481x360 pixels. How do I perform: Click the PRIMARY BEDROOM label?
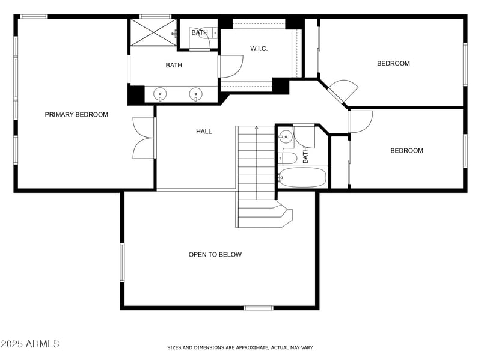pos(76,114)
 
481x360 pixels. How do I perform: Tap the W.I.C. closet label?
pos(259,49)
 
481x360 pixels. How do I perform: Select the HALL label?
pos(204,131)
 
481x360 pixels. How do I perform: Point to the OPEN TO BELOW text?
pos(215,255)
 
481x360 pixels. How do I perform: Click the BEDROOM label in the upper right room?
pos(393,63)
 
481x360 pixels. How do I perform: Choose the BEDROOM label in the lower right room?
pos(406,151)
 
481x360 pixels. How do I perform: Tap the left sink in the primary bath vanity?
pos(161,94)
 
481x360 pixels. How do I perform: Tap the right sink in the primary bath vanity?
pos(195,94)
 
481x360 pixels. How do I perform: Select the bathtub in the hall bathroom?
pos(302,177)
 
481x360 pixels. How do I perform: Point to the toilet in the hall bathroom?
pos(288,159)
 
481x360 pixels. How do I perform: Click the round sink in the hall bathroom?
pos(287,137)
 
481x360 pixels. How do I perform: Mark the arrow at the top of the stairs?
pos(257,128)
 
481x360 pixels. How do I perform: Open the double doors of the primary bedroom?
pos(143,138)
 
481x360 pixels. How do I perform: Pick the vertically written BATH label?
pos(305,156)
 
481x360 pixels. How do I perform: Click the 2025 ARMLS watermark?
pos(30,344)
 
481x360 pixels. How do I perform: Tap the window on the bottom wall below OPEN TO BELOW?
pos(258,308)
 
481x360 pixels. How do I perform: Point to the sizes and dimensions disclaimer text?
pos(240,347)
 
